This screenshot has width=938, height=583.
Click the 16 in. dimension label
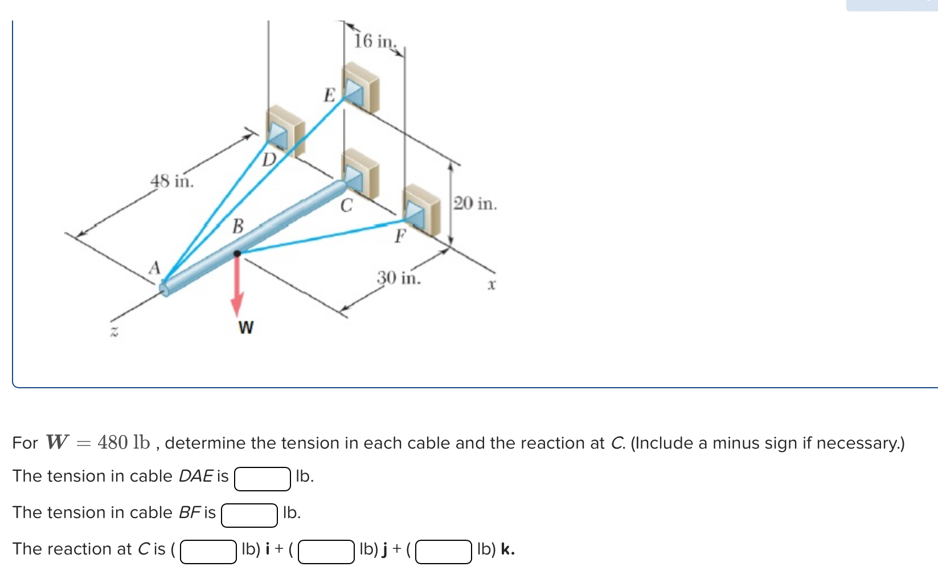(374, 41)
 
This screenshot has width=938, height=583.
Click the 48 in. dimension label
(172, 182)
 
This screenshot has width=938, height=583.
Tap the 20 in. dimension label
(475, 203)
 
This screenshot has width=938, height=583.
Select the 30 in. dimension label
(399, 278)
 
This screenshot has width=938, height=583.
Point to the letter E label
(329, 95)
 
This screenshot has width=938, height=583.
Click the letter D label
(269, 159)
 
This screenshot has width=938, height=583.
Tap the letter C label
(346, 205)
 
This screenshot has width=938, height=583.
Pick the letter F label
(401, 235)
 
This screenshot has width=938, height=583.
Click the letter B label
(238, 226)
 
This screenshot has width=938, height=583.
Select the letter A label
(154, 268)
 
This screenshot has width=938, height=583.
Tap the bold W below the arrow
(246, 327)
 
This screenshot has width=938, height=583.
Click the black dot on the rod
(237, 253)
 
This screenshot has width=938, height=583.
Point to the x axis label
(491, 284)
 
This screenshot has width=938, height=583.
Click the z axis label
(113, 332)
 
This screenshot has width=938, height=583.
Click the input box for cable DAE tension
(263, 479)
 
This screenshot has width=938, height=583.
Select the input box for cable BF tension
(249, 515)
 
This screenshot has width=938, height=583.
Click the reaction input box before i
(208, 552)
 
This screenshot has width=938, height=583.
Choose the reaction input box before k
(444, 552)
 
